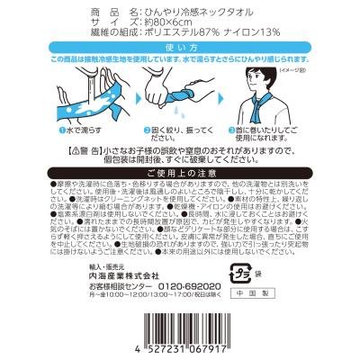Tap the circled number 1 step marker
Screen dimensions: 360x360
tap(57, 130)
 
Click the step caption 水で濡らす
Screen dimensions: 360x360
tap(80, 130)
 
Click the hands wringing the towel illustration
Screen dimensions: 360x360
tap(180, 94)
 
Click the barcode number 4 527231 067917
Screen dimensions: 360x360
tap(180, 346)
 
